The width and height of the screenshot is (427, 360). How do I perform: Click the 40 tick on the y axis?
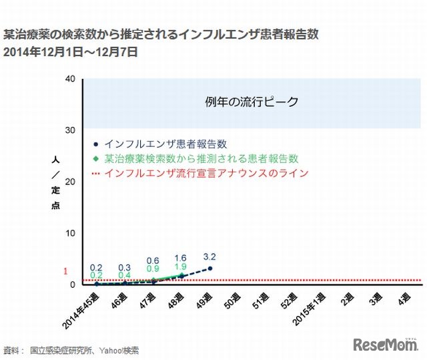[x=70, y=79]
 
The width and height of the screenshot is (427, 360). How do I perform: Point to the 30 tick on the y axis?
[x=70, y=130]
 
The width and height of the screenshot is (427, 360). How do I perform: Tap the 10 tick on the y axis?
[x=70, y=233]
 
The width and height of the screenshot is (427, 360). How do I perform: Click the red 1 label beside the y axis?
[x=65, y=272]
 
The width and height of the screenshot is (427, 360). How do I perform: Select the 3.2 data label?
[x=209, y=256]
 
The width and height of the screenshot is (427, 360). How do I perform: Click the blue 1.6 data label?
[x=180, y=258]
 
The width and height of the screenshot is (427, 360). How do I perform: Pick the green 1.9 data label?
[x=180, y=266]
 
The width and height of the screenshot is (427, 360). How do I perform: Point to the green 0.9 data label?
[x=152, y=269]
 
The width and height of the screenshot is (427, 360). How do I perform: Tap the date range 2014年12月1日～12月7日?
[x=70, y=51]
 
